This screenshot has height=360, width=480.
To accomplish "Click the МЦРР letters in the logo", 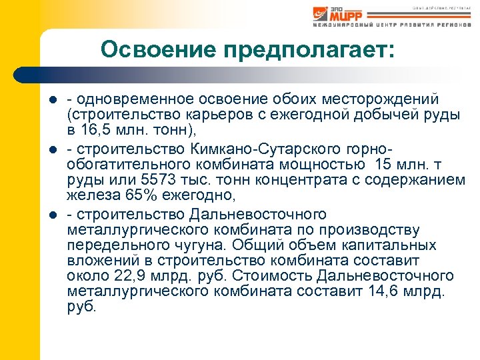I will click(346, 15).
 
